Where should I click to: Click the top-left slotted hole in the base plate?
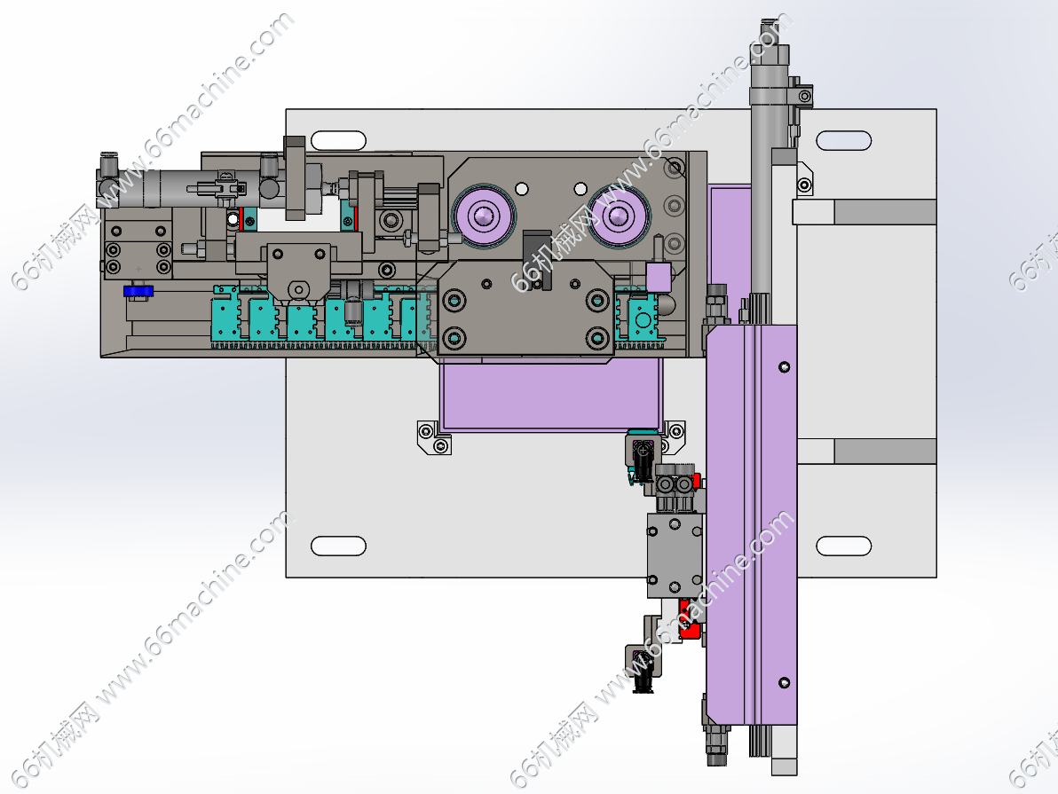[338, 140]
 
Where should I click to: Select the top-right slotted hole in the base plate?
[843, 140]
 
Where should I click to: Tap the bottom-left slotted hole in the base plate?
[338, 546]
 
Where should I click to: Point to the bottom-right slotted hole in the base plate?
[843, 546]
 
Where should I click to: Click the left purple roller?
[483, 216]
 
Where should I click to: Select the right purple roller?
[618, 216]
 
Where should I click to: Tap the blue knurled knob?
[138, 291]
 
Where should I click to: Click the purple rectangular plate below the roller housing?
[550, 394]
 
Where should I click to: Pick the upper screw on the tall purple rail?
[784, 367]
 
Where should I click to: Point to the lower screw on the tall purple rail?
[784, 683]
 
